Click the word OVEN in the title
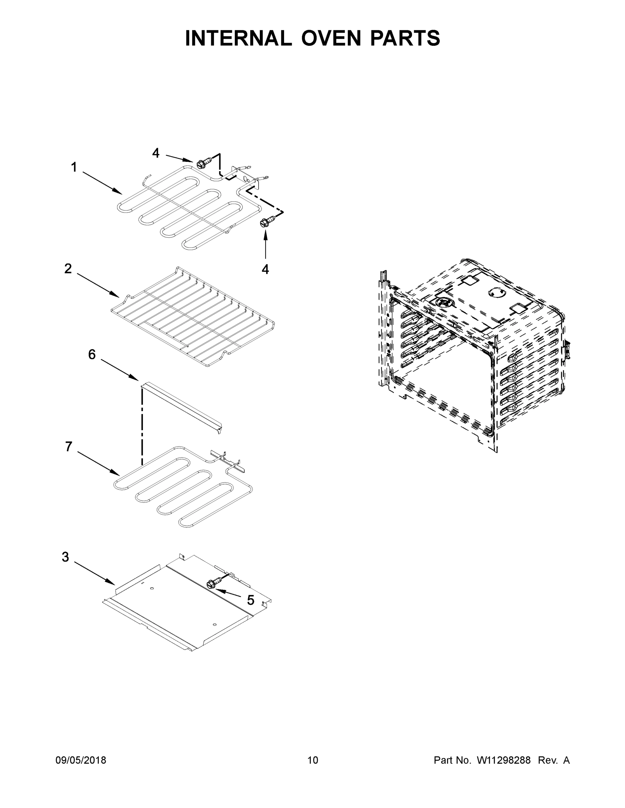point(331,38)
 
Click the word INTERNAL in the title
point(239,38)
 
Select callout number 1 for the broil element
point(74,167)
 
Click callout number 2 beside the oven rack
point(68,269)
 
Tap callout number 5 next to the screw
point(251,600)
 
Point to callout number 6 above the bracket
point(92,355)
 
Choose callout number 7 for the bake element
point(68,447)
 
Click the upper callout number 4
point(156,153)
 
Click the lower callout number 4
point(265,269)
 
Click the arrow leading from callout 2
point(98,285)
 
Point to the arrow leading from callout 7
point(98,463)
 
